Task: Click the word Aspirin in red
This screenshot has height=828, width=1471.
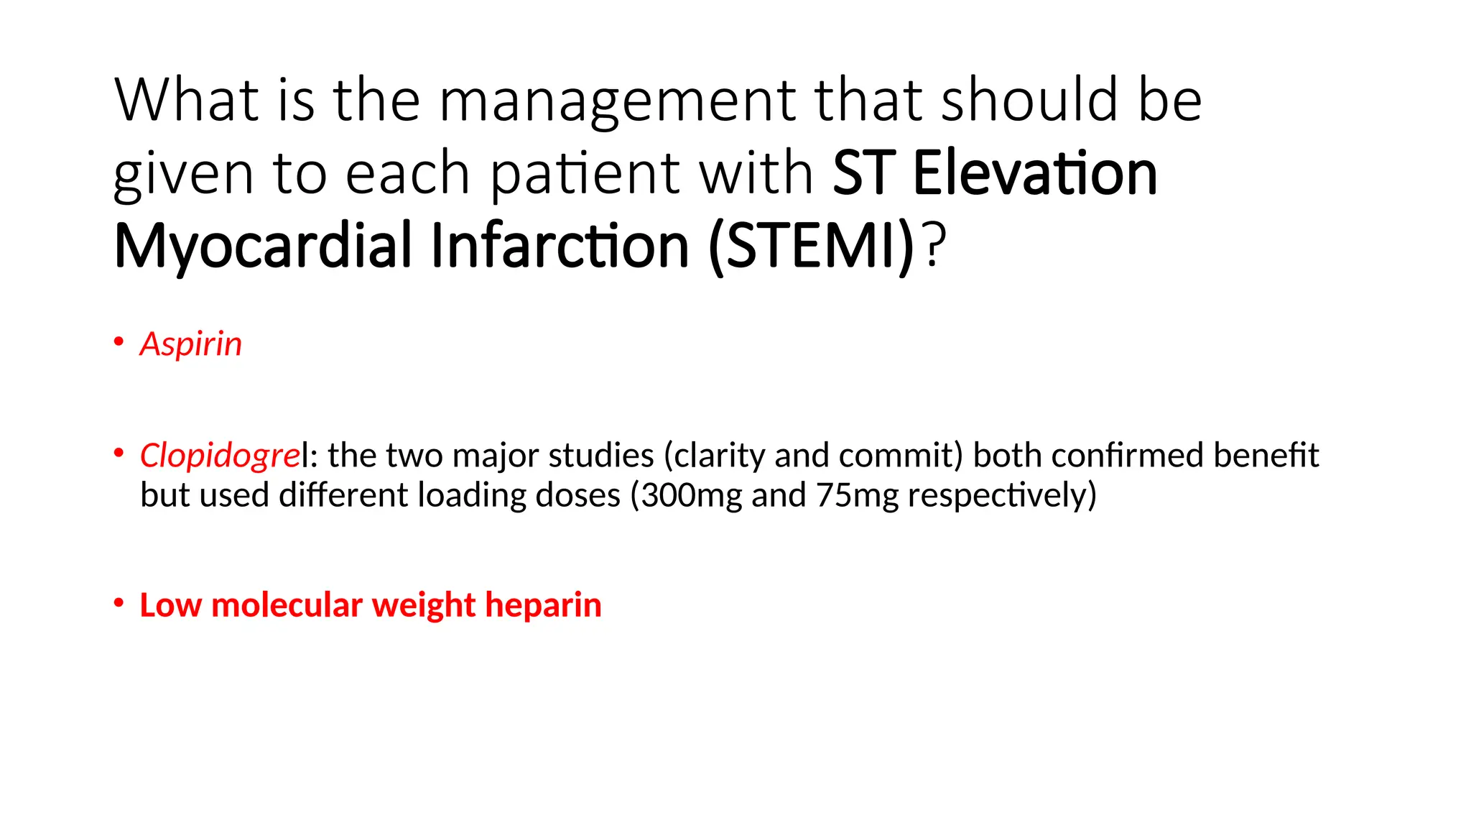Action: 190,344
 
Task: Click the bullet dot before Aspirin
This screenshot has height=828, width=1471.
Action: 119,341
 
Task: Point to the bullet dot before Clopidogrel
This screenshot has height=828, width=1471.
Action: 119,453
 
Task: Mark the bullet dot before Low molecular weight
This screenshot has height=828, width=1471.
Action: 119,602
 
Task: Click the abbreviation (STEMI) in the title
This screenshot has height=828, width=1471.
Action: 811,247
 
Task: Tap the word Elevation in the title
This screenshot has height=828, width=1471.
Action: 1034,173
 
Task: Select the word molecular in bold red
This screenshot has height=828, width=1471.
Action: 287,605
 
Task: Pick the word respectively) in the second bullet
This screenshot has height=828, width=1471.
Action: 1002,495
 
